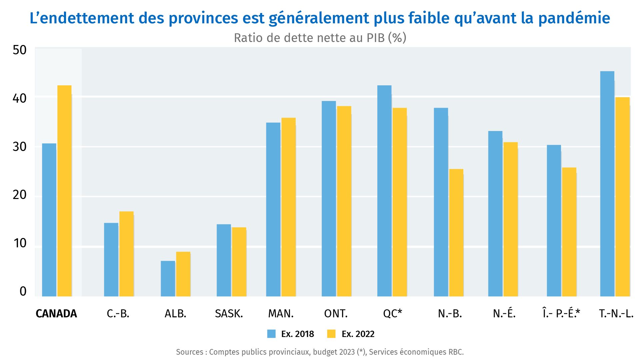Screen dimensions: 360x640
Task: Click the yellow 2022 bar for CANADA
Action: click(x=64, y=191)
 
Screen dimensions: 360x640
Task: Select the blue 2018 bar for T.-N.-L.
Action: click(x=607, y=184)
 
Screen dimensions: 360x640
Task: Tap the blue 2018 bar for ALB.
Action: click(x=168, y=279)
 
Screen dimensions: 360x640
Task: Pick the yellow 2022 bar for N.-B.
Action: click(x=456, y=233)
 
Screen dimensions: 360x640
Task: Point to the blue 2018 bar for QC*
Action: click(x=384, y=191)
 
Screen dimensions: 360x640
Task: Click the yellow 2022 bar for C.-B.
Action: click(x=126, y=254)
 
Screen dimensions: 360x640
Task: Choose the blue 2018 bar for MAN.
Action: click(x=273, y=209)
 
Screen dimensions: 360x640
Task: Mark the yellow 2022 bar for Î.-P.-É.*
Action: click(x=569, y=232)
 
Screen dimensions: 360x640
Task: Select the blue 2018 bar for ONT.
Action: click(x=329, y=199)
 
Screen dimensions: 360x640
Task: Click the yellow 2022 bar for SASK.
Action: click(x=239, y=262)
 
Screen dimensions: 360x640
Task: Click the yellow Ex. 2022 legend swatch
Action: click(x=331, y=334)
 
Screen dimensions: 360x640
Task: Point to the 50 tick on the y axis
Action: click(x=19, y=50)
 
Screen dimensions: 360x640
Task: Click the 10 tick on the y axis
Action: click(x=20, y=243)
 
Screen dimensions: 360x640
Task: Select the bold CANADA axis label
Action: click(x=56, y=314)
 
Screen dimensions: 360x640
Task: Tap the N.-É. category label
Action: click(x=504, y=314)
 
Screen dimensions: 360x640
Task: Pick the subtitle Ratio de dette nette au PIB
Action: click(x=320, y=38)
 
